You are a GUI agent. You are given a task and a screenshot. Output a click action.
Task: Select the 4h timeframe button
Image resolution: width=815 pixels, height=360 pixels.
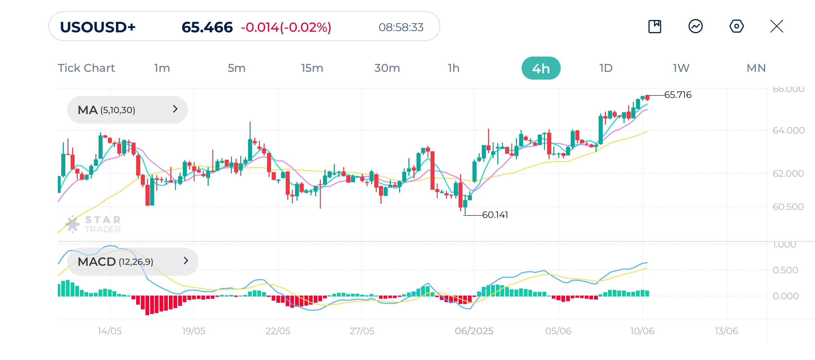[x=541, y=68]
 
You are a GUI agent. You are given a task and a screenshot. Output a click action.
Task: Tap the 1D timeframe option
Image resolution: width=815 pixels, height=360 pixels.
[x=606, y=68]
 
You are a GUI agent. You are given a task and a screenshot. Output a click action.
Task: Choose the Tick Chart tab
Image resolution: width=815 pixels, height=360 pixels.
[x=86, y=68]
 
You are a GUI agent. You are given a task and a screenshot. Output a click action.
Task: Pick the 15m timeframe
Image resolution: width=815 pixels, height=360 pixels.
[x=312, y=68]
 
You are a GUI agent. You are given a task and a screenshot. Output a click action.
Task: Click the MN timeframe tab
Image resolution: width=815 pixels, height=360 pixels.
[x=756, y=68]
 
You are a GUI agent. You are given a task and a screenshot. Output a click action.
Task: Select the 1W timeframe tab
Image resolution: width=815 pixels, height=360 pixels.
[x=681, y=68]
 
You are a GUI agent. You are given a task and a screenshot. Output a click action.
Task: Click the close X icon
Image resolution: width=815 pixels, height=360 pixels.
[x=776, y=26]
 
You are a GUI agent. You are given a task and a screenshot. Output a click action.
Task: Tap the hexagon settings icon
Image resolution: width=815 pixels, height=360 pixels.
[x=736, y=26]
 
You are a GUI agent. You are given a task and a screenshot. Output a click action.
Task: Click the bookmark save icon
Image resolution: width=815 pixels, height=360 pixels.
[x=655, y=26]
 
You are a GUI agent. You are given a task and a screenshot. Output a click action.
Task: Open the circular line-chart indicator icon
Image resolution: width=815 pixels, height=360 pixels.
[x=695, y=26]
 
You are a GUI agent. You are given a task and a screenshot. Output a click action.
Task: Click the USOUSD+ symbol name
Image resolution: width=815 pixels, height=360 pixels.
[x=98, y=27]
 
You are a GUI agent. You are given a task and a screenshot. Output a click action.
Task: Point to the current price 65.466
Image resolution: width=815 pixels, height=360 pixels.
[x=207, y=27]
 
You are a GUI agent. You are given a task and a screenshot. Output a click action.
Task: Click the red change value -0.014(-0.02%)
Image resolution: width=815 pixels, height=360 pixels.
[x=286, y=27]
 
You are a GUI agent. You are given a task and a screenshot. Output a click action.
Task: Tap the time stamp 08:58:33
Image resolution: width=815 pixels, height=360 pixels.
[x=401, y=27]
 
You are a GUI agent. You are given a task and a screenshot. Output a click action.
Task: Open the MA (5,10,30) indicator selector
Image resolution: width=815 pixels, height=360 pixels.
[x=127, y=110]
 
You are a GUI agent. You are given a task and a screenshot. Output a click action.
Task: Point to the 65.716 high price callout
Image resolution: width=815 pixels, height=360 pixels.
[x=678, y=95]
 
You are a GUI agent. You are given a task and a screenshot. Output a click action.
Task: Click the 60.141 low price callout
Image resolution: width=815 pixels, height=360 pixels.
[x=495, y=215]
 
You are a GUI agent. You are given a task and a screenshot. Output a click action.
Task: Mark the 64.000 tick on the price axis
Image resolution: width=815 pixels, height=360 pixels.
[x=788, y=130]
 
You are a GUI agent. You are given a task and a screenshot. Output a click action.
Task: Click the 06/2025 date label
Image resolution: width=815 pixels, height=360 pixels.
[x=474, y=331]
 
